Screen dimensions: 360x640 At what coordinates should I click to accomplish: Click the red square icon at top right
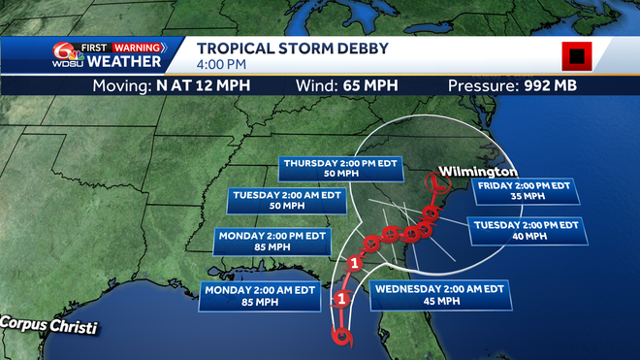[576, 57]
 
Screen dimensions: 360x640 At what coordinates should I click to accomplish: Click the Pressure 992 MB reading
[513, 85]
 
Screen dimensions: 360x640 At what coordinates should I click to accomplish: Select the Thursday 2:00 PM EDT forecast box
[335, 168]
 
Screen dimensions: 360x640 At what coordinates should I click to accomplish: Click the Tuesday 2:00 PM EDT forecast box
[527, 230]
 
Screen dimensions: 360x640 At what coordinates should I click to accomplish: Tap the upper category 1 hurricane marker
[355, 263]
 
